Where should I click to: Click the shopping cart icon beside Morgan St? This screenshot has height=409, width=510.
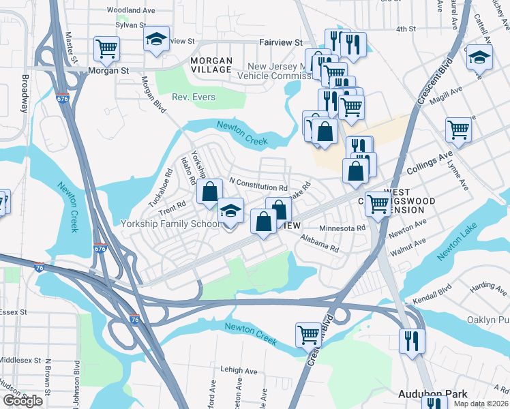pyautogui.click(x=106, y=48)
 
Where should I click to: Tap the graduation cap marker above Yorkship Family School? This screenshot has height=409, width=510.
pyautogui.click(x=231, y=211)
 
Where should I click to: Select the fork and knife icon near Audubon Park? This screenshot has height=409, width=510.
pyautogui.click(x=412, y=341)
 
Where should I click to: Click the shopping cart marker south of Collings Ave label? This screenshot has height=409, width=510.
pyautogui.click(x=377, y=203)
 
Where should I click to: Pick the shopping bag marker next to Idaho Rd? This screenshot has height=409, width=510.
pyautogui.click(x=209, y=192)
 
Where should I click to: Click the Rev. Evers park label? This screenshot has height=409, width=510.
pyautogui.click(x=194, y=97)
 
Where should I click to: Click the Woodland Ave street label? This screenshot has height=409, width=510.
pyautogui.click(x=132, y=10)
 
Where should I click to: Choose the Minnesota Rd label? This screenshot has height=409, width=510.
pyautogui.click(x=343, y=228)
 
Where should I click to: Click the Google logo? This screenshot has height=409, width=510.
pyautogui.click(x=22, y=400)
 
